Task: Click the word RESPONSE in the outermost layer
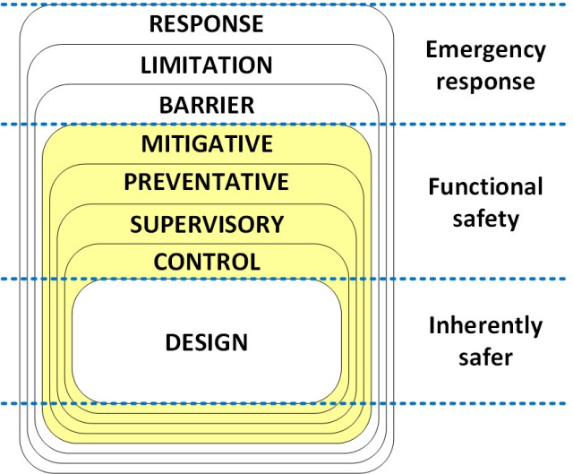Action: [207, 24]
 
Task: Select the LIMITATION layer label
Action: [207, 65]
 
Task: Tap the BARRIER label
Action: [207, 106]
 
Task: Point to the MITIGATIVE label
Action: [207, 143]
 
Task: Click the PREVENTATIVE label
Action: [207, 182]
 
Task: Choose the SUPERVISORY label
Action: [207, 224]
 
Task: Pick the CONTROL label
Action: [207, 262]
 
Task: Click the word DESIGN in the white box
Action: [207, 342]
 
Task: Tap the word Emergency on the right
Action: [485, 51]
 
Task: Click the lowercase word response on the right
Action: [485, 82]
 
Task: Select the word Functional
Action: [485, 186]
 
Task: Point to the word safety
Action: [485, 220]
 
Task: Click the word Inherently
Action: [485, 325]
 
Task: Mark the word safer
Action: [485, 357]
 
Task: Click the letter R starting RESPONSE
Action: [157, 24]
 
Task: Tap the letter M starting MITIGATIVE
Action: [151, 143]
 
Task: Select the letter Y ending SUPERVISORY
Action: [277, 224]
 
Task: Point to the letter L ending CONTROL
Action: [254, 262]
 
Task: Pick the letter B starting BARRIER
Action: [167, 106]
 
